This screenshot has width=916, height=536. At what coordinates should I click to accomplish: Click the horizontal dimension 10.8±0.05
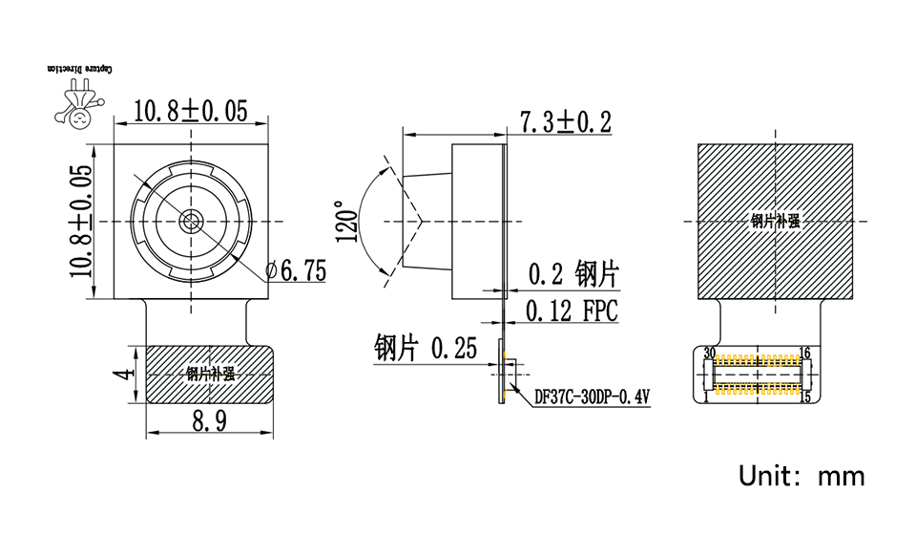(x=190, y=111)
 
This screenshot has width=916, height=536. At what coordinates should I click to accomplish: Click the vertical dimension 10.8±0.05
(x=81, y=221)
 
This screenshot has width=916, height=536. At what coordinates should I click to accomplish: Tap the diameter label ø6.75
(x=297, y=271)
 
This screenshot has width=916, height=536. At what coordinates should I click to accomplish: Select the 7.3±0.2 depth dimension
(x=565, y=122)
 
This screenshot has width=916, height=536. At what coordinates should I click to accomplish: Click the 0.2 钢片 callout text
(x=572, y=275)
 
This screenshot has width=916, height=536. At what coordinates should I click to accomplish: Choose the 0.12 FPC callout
(x=572, y=311)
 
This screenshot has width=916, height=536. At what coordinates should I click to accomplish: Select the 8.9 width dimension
(x=209, y=421)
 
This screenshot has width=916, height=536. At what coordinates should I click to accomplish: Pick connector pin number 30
(x=709, y=354)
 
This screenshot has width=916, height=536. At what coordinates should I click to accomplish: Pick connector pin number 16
(x=804, y=354)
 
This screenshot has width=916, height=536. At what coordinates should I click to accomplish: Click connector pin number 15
(x=804, y=397)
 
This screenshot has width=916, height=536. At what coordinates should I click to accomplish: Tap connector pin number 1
(x=705, y=397)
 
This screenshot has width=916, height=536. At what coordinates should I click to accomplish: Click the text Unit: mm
(x=801, y=475)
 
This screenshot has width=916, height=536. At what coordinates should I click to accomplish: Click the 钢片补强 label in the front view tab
(x=210, y=374)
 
